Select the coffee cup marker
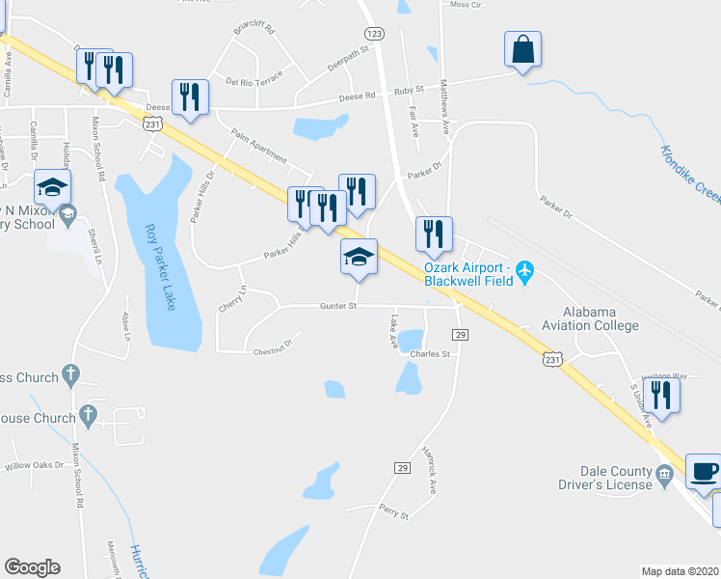(703, 472)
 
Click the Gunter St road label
(338, 307)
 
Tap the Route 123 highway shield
(375, 33)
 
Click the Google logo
(32, 567)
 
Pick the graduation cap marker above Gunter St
(358, 258)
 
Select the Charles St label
(430, 354)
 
